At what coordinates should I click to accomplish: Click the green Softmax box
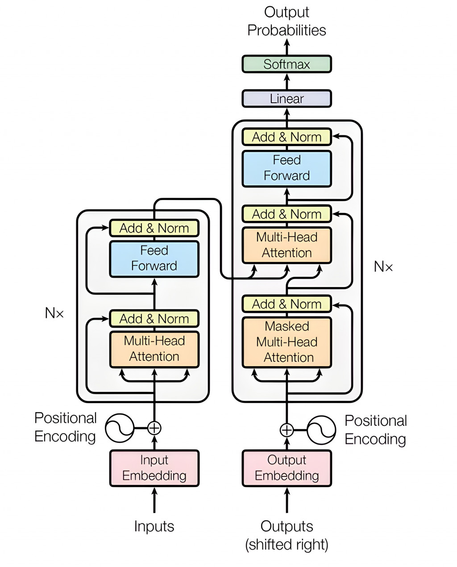coord(287,64)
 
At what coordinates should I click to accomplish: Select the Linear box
coord(287,99)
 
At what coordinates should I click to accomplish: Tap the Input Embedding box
coord(154,468)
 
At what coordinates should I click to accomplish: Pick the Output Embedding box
coord(287,468)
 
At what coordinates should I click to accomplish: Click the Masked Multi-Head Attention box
coord(287,342)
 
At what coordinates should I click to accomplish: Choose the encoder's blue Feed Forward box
coord(154,258)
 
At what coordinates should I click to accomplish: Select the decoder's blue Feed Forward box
coord(287,168)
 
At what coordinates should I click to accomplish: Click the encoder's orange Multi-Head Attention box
coord(154,349)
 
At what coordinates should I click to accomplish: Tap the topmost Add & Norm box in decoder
coord(287,137)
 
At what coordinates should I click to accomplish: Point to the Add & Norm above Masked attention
coord(287,304)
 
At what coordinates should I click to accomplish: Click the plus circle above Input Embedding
coord(154,428)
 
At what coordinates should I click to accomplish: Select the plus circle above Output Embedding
coord(287,430)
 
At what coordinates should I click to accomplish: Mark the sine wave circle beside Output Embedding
coord(321,430)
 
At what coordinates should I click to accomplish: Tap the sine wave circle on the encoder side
coord(120,428)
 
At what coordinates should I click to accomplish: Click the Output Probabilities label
coord(287,21)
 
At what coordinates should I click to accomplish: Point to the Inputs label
coord(154,526)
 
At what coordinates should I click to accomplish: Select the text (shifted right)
coord(287,545)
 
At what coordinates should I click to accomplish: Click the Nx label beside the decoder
coord(383,267)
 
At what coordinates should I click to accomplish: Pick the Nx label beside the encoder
coord(54,313)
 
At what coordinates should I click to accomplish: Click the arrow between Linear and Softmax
coord(287,81)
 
